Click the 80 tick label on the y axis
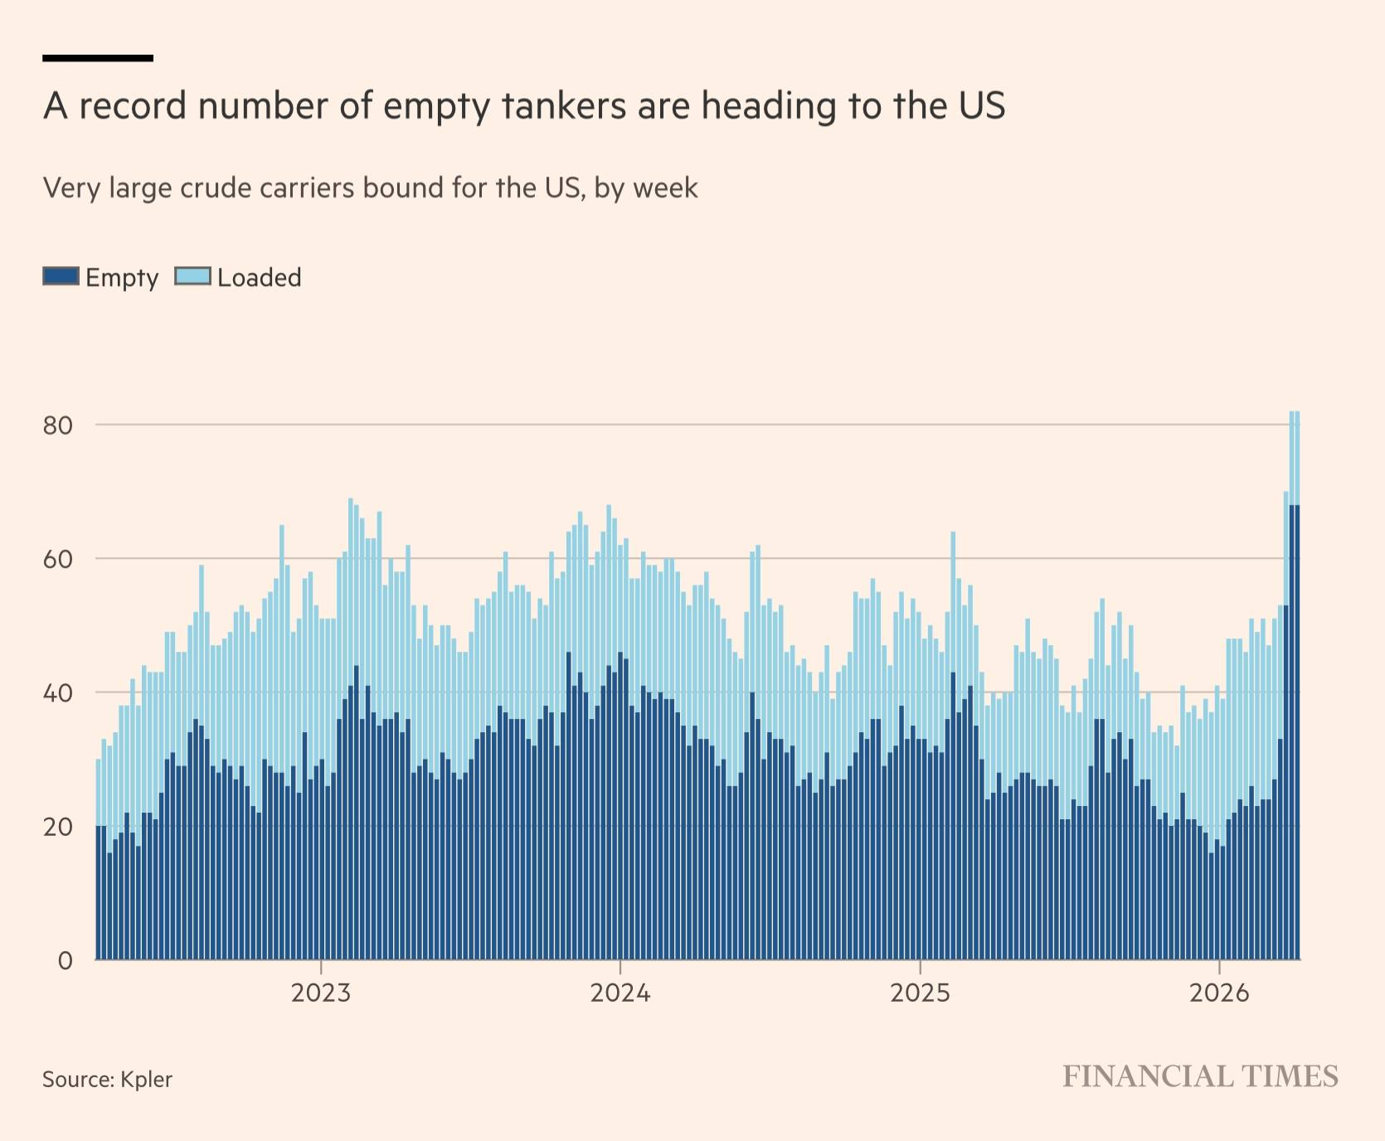(x=58, y=425)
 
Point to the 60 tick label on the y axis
(x=58, y=560)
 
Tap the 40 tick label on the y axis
(x=58, y=693)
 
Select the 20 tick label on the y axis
(x=58, y=828)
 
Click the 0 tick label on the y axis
(x=66, y=961)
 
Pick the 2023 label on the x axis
(x=321, y=993)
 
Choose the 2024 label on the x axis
(x=620, y=993)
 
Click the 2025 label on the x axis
(x=920, y=993)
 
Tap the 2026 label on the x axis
(x=1219, y=993)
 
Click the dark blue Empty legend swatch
(x=61, y=277)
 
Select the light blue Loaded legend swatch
(x=192, y=277)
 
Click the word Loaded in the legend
(x=260, y=278)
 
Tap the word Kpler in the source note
(x=146, y=1080)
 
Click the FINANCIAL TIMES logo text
(x=1200, y=1077)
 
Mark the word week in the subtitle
(x=665, y=188)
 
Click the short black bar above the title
(x=98, y=58)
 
